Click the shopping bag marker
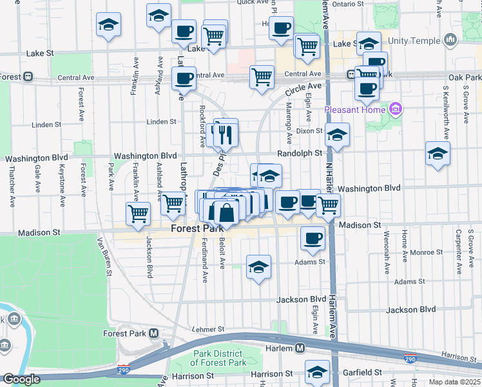(227, 212)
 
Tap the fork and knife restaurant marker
(226, 135)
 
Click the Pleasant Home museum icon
(396, 109)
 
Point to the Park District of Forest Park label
(220, 358)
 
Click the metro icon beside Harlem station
(300, 348)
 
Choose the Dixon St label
(309, 131)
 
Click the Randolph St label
(300, 153)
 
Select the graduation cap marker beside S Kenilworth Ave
(438, 154)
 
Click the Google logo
(21, 380)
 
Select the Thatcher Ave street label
(12, 187)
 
